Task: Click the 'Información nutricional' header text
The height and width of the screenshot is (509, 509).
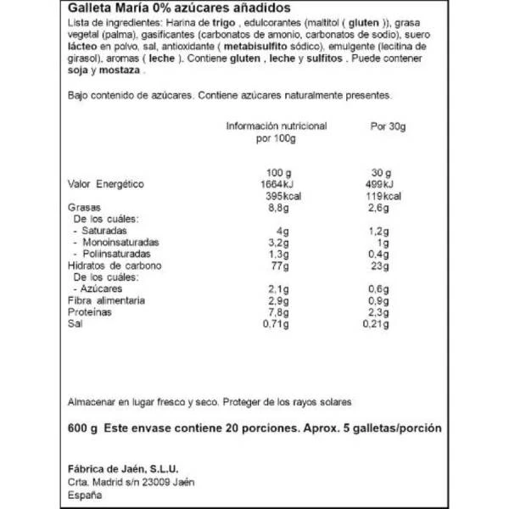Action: [276, 126]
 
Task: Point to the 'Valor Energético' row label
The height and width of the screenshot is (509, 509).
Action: [106, 185]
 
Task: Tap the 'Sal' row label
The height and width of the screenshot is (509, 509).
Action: [74, 323]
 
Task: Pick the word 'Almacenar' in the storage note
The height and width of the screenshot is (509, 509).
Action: [92, 400]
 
